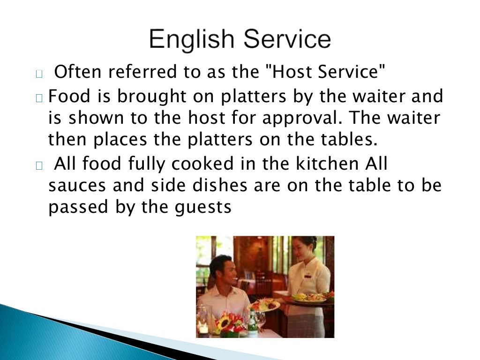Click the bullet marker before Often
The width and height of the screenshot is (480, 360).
pyautogui.click(x=39, y=74)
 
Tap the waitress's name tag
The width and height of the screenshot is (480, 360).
pyautogui.click(x=307, y=276)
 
